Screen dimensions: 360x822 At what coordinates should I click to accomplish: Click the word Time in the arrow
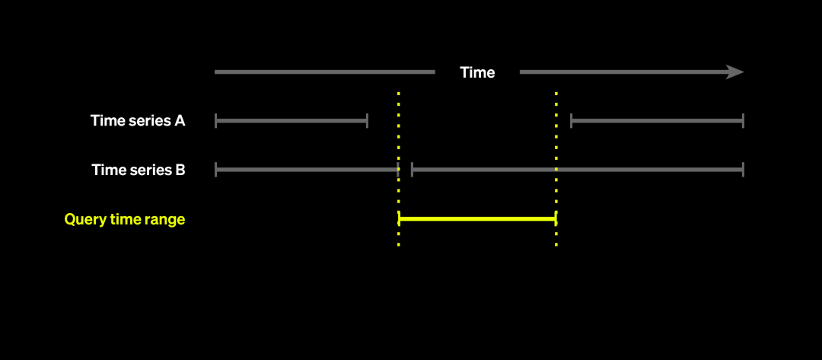477,72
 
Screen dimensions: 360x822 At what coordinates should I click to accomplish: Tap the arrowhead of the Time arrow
735,72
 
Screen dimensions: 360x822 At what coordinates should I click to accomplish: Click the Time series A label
138,120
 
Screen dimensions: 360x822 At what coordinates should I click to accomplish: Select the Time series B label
139,170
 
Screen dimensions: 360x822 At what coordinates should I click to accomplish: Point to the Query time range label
125,219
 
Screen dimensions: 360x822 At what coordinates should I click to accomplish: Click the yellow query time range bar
477,219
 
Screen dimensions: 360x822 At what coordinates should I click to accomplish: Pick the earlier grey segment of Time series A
292,120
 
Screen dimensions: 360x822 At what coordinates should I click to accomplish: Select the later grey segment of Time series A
657,120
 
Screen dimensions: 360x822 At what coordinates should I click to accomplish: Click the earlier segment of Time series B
307,170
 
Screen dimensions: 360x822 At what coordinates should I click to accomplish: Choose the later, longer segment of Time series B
577,170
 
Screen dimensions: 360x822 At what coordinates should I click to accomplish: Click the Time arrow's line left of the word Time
324,72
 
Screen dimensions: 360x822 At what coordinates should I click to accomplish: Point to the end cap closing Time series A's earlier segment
368,120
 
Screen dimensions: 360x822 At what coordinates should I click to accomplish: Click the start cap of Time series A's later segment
571,120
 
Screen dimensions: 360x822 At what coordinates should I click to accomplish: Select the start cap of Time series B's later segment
412,170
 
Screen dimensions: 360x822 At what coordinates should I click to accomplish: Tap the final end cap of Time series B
743,170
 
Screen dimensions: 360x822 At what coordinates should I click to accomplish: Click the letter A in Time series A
179,120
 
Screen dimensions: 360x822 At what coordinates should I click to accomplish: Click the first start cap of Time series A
216,120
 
